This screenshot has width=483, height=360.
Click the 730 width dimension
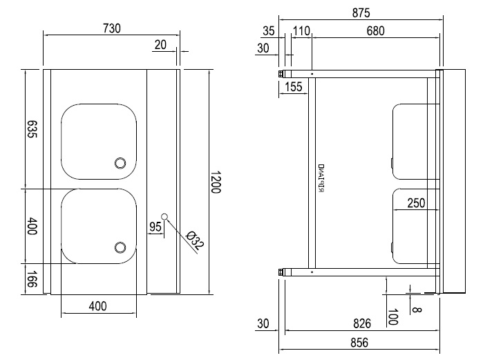click(111, 28)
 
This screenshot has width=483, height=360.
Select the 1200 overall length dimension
click(215, 182)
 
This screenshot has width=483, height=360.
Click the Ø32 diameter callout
click(195, 241)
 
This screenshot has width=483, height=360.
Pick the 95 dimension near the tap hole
click(155, 226)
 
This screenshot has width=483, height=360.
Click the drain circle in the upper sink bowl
click(120, 163)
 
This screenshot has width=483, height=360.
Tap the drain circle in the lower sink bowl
click(120, 247)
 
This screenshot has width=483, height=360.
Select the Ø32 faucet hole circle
click(164, 216)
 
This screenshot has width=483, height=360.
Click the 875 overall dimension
click(360, 12)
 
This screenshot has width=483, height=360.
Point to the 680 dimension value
click(375, 30)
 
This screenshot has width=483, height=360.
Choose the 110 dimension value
click(301, 30)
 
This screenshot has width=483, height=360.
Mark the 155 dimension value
click(293, 86)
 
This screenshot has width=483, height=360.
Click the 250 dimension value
click(415, 203)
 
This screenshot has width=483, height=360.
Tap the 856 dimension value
click(360, 342)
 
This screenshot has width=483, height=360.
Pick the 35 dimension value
click(269, 30)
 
